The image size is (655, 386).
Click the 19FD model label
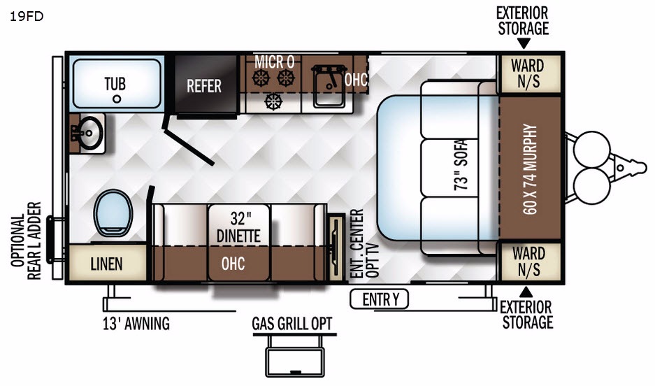[x=27, y=17]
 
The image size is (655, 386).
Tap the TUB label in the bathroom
[x=115, y=84]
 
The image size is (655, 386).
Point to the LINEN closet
[x=106, y=264]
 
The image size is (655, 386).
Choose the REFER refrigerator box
[x=204, y=85]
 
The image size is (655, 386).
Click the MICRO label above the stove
[x=274, y=62]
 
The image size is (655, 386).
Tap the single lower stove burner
[x=273, y=102]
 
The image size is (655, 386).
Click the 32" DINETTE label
[x=238, y=227]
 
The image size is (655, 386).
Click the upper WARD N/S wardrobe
[x=527, y=73]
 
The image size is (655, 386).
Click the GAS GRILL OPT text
[x=292, y=324]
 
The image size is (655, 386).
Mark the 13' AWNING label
[x=136, y=324]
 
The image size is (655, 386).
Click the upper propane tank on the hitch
[x=588, y=148]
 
